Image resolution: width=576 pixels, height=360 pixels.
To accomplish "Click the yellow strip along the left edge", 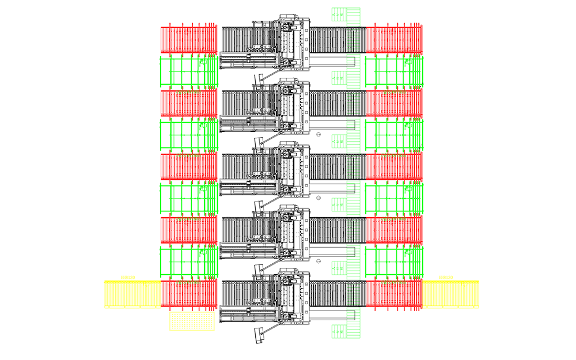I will click(124, 173).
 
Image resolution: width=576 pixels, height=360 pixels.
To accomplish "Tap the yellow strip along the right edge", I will click(459, 173).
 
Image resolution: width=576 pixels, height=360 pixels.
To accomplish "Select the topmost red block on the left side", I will click(182, 30).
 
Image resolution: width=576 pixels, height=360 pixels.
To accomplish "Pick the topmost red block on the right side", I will click(401, 30).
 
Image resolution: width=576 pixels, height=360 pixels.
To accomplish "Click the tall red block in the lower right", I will click(395, 311).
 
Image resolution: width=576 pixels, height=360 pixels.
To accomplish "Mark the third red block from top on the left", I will click(182, 167).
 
